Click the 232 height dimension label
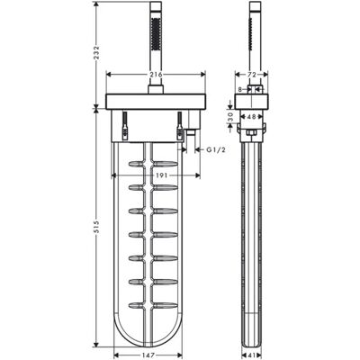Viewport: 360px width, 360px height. (97, 53)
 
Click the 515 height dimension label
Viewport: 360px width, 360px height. (97, 228)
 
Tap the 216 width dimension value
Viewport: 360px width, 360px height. (156, 75)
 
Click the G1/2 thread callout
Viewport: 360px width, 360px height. (216, 149)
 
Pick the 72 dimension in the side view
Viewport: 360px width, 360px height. (252, 75)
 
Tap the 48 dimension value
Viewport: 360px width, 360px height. (252, 117)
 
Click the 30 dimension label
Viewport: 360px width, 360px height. (230, 117)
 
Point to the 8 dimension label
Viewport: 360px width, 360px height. (240, 89)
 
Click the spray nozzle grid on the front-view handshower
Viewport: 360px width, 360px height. (156, 33)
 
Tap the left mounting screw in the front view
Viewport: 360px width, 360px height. (124, 126)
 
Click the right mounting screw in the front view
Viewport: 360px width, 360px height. (180, 126)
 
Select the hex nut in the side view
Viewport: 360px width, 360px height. (251, 133)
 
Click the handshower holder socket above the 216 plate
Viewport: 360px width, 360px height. (156, 89)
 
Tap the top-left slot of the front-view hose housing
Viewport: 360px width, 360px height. (136, 164)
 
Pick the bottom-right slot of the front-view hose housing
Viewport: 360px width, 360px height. (166, 305)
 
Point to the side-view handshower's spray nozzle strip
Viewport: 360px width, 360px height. (249, 33)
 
